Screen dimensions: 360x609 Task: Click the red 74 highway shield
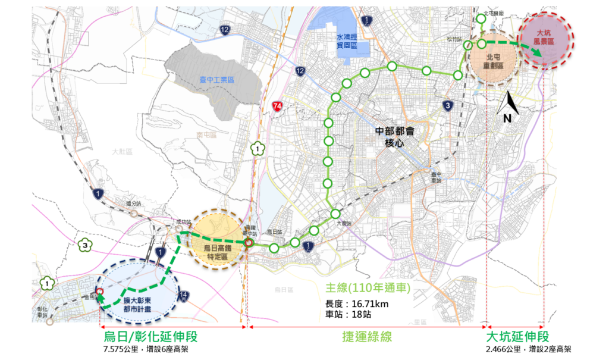277,106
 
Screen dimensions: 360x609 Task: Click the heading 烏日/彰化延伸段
150,337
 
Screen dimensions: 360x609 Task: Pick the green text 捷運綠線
366,337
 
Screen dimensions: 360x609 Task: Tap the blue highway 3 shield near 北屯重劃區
447,106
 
